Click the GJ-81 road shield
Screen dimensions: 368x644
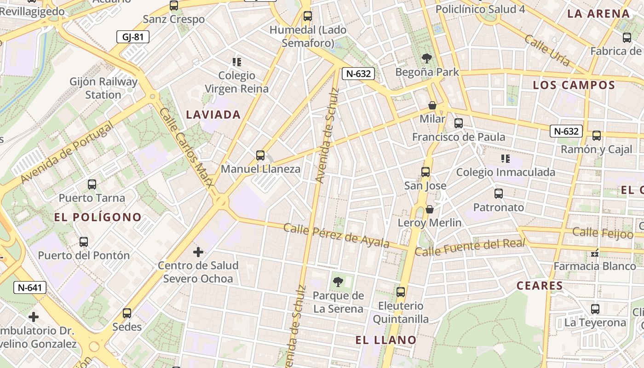(x=133, y=37)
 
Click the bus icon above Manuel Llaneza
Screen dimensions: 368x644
(x=260, y=155)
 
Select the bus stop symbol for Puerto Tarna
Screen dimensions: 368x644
(x=92, y=184)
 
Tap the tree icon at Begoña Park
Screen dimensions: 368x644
(x=427, y=58)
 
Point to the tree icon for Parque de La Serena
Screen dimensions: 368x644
(x=338, y=282)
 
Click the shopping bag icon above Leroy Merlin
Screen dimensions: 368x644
(x=430, y=209)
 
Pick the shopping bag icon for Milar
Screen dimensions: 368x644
(x=432, y=105)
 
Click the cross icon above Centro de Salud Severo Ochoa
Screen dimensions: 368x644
(x=198, y=252)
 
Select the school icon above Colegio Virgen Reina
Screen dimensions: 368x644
(x=237, y=62)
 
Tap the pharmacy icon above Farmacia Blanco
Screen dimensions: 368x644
(x=595, y=253)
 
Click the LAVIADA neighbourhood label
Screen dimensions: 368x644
(x=213, y=115)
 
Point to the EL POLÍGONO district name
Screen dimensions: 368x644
(x=98, y=217)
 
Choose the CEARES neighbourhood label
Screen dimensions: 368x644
(x=540, y=286)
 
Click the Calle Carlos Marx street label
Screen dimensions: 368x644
(x=186, y=147)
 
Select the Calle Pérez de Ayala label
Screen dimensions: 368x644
(x=336, y=235)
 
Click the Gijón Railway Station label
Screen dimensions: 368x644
(x=103, y=88)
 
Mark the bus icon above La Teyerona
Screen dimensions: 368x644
(x=595, y=309)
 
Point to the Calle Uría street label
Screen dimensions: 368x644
(x=547, y=51)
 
